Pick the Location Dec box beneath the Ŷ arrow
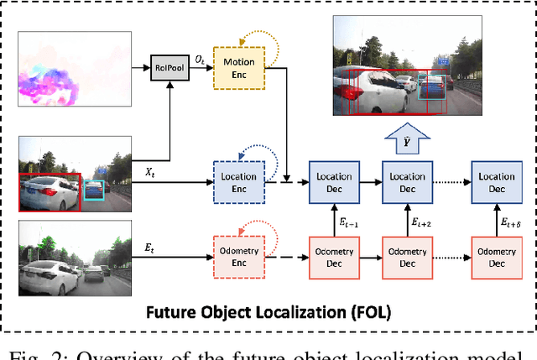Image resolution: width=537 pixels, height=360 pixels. coord(407,182)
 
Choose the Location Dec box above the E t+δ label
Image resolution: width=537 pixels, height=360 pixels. coord(495,182)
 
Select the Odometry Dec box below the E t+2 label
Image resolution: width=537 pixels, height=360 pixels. coord(407,257)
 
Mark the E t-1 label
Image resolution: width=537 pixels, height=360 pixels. coord(347,222)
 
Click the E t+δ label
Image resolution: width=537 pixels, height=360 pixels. coord(510,222)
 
